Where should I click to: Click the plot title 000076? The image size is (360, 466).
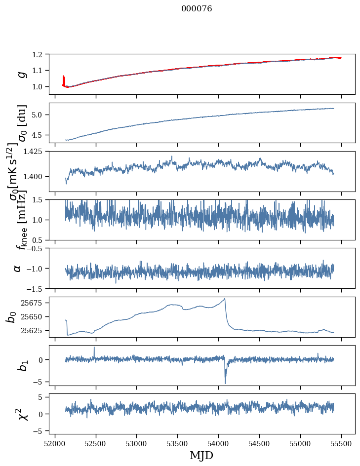tap(197, 9)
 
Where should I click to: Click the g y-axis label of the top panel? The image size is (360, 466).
tap(21, 74)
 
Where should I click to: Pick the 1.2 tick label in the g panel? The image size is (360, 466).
tap(39, 54)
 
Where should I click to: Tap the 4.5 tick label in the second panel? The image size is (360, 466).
tap(39, 135)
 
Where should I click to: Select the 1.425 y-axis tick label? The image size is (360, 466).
tap(35, 152)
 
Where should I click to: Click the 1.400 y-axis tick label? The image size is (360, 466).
tap(35, 177)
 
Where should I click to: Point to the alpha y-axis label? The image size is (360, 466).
tap(18, 268)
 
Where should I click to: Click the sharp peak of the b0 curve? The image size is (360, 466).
tap(225, 299)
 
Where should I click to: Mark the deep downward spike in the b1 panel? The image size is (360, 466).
tap(225, 383)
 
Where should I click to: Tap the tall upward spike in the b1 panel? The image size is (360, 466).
tap(94, 348)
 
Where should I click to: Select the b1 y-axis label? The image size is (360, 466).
tap(18, 365)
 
